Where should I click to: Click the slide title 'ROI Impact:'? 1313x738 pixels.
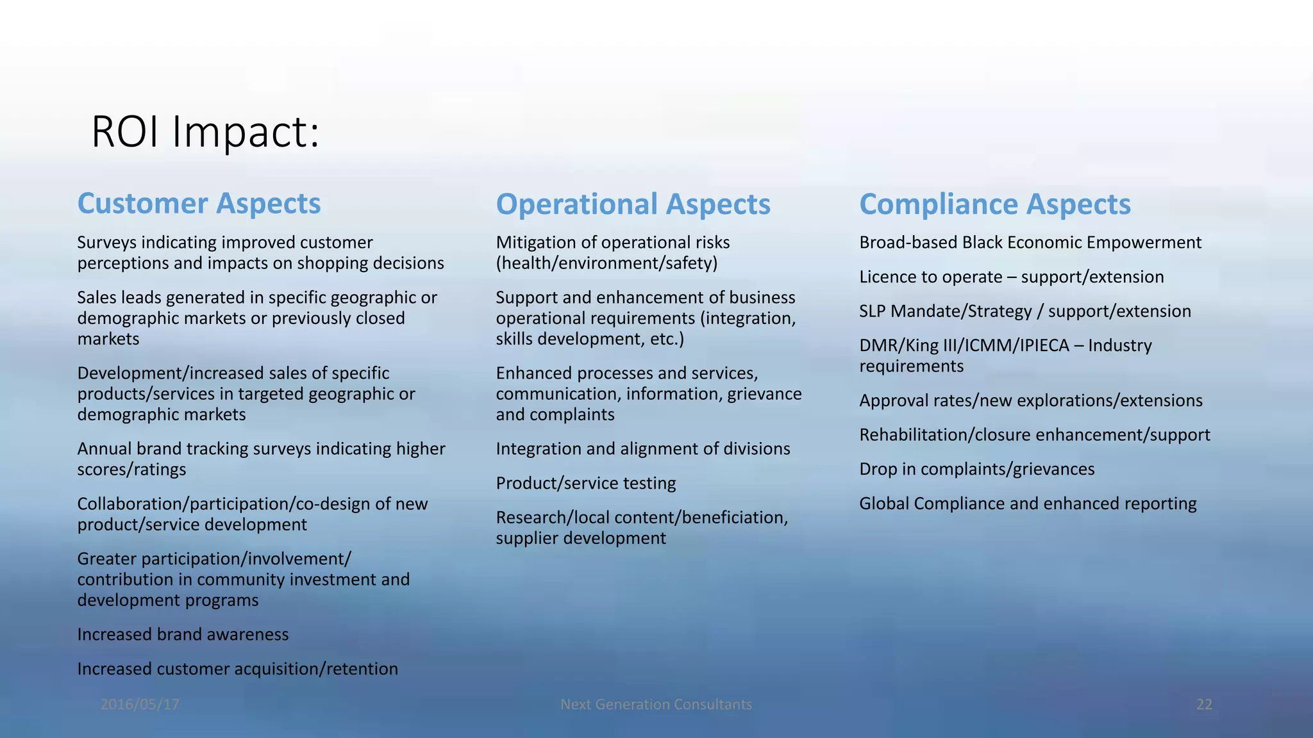coord(205,132)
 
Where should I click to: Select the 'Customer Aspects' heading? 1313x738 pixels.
coord(199,204)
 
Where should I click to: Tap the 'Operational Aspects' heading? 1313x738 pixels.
coord(633,204)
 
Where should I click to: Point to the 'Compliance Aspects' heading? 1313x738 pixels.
coord(994,204)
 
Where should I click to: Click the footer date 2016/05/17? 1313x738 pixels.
coord(140,705)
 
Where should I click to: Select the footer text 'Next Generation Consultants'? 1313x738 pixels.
coord(656,705)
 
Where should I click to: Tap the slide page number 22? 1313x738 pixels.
coord(1204,705)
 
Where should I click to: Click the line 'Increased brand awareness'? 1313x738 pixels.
coord(183,634)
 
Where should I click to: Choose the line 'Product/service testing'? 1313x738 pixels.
coord(585,483)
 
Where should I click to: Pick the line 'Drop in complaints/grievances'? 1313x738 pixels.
coord(976,469)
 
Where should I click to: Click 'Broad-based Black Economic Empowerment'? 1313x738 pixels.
coord(1030,242)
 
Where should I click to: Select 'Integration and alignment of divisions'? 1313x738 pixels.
coord(642,448)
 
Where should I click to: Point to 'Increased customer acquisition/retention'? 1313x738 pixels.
coord(237,669)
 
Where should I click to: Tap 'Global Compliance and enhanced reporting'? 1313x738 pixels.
coord(1027,504)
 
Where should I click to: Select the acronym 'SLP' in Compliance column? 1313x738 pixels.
coord(873,311)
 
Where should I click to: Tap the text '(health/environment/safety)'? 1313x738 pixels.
coord(606,263)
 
